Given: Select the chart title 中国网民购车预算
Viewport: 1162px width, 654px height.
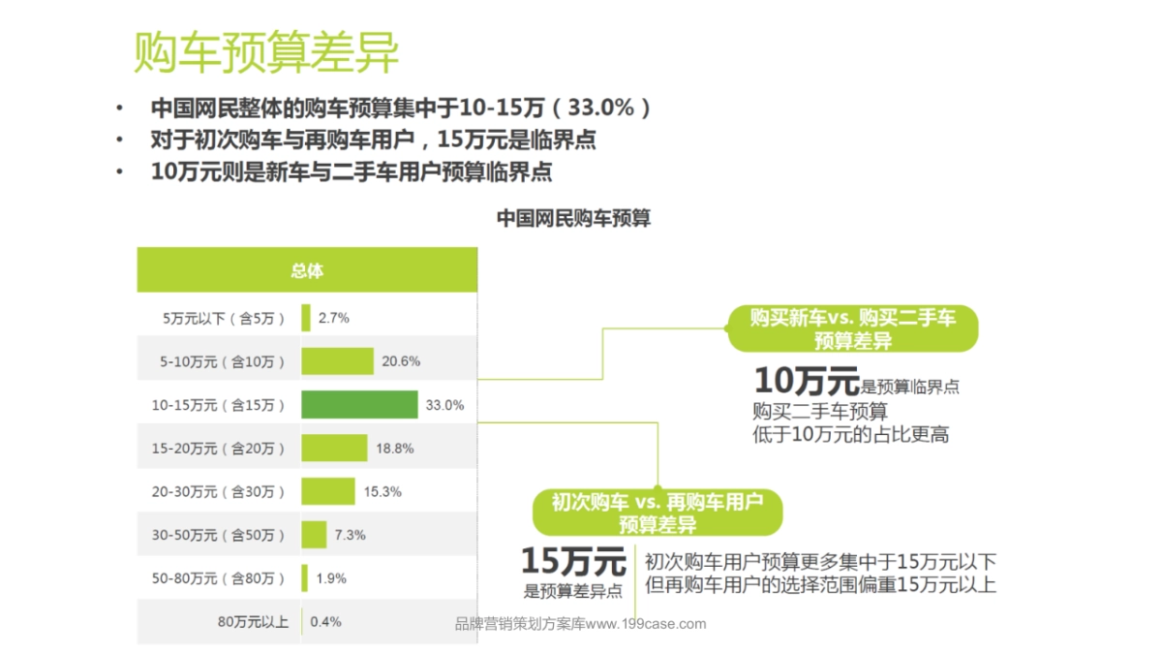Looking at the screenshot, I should pyautogui.click(x=573, y=219).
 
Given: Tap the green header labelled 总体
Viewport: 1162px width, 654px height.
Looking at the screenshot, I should pyautogui.click(x=307, y=270).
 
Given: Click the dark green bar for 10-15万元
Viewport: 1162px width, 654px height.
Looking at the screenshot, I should pyautogui.click(x=358, y=405).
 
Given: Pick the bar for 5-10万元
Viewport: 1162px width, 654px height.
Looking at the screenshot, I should pyautogui.click(x=337, y=361).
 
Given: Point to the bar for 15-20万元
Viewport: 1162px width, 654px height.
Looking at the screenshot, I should pyautogui.click(x=334, y=448).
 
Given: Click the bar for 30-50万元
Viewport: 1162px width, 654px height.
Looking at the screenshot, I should pyautogui.click(x=314, y=535).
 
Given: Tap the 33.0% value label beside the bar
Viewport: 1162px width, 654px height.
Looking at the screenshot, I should pyautogui.click(x=444, y=405).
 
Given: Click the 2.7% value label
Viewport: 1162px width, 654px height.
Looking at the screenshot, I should pyautogui.click(x=333, y=318).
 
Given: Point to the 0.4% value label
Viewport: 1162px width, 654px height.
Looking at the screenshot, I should pyautogui.click(x=325, y=622).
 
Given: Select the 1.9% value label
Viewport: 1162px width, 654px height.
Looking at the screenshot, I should pyautogui.click(x=331, y=578).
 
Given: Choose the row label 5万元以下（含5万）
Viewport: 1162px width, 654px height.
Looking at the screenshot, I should pyautogui.click(x=224, y=318).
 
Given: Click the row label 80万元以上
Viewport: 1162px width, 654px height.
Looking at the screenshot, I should pyautogui.click(x=253, y=622).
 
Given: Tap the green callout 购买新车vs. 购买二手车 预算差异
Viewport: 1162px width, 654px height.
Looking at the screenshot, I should pyautogui.click(x=852, y=328).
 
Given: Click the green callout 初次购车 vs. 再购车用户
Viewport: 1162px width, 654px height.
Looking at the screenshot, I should pyautogui.click(x=657, y=513).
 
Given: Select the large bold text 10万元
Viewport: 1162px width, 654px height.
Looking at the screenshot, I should pyautogui.click(x=806, y=379).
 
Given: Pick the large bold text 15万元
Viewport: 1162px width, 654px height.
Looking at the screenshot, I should pyautogui.click(x=573, y=561).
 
